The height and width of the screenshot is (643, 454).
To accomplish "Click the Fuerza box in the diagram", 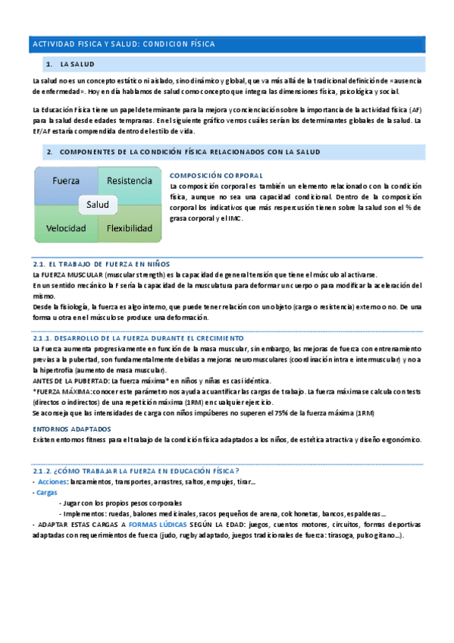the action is [66, 181].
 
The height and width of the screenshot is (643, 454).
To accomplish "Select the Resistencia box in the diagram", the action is [130, 181].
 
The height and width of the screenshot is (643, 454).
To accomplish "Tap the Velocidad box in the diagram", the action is [66, 227].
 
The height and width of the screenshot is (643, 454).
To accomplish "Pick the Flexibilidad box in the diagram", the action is [130, 227].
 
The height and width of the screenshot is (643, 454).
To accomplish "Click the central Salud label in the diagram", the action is [98, 205].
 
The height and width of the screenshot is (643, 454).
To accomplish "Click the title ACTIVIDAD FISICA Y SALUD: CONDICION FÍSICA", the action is [124, 45].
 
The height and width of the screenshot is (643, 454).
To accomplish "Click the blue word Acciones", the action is [52, 481].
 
